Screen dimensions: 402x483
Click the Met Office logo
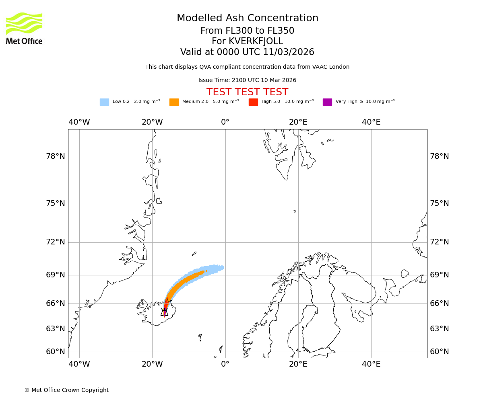(x=24, y=28)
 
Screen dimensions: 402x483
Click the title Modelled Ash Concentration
(x=247, y=18)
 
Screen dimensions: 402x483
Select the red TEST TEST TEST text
(x=247, y=92)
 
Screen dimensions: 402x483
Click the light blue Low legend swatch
(x=104, y=102)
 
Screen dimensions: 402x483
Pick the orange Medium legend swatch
(x=174, y=102)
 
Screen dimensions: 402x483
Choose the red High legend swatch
(x=253, y=102)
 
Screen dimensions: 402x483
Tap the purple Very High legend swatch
(x=327, y=102)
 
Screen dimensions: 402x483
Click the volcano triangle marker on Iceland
(x=164, y=312)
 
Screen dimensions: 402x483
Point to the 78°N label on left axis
(x=56, y=156)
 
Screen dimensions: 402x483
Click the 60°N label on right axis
(x=440, y=352)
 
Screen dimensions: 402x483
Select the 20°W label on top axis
(x=152, y=122)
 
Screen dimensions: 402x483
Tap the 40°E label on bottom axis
(x=371, y=365)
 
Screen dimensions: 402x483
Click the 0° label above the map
(x=225, y=122)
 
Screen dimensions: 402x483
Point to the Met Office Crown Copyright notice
(x=66, y=390)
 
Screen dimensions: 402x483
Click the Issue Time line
(x=247, y=80)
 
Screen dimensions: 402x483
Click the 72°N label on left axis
(x=56, y=242)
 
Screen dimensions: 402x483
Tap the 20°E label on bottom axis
(x=298, y=365)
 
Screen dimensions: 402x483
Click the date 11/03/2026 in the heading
(x=289, y=52)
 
